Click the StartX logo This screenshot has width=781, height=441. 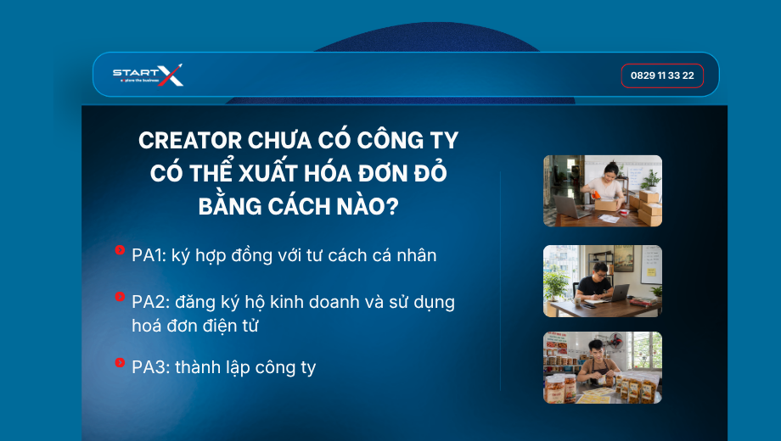[x=148, y=75]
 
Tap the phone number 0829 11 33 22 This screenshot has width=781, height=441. [x=662, y=75]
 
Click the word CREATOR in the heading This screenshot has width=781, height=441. [x=190, y=141]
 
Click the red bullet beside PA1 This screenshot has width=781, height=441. [x=120, y=250]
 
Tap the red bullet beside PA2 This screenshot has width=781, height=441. [x=120, y=297]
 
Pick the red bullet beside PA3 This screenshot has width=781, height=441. [x=120, y=362]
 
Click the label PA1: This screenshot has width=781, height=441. [x=149, y=255]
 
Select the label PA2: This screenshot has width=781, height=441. [x=151, y=302]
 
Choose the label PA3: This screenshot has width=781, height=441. [x=151, y=367]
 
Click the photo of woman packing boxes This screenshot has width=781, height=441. [x=603, y=191]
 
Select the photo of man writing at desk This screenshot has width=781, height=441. [x=603, y=282]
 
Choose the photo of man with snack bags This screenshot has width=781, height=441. [x=603, y=368]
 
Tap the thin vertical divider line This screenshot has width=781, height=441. [x=500, y=282]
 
